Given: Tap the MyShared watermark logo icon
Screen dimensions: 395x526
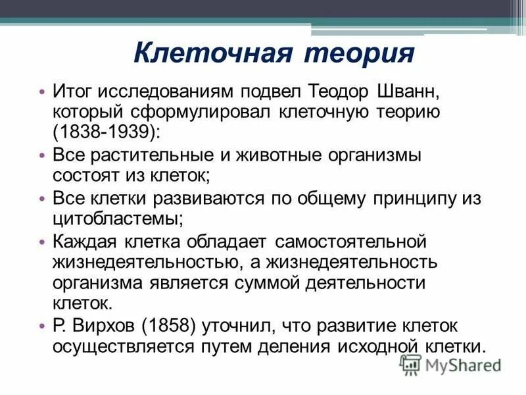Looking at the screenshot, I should click(x=411, y=363).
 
